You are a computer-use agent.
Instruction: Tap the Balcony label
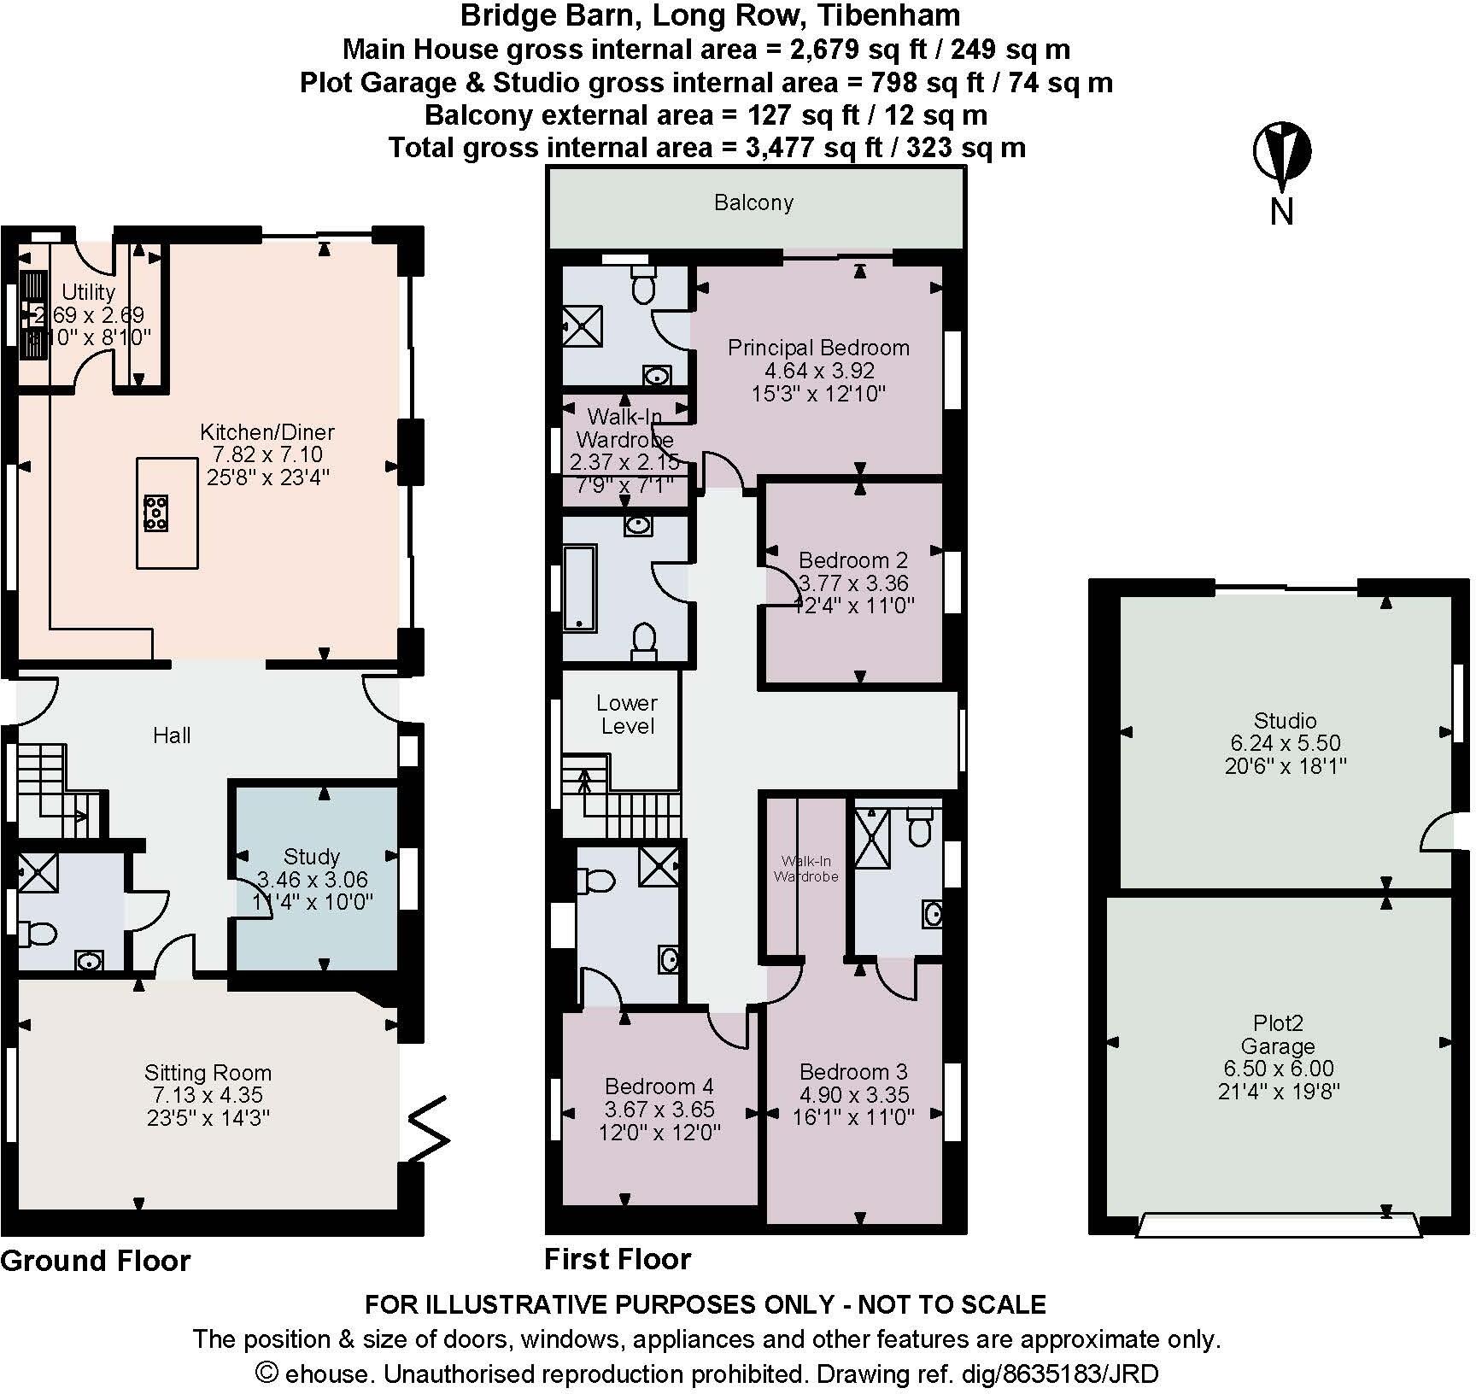point(753,202)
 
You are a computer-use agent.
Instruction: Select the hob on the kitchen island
point(155,512)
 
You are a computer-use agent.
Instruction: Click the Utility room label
point(88,292)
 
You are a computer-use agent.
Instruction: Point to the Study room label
point(312,856)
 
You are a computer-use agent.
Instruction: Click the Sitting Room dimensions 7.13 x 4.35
point(208,1095)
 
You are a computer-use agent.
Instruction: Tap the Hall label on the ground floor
point(172,735)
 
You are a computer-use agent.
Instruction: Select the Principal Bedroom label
point(818,348)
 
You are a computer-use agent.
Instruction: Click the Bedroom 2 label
point(852,560)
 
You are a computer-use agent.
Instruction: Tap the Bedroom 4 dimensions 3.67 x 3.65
point(659,1110)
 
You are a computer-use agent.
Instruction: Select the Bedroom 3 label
point(852,1071)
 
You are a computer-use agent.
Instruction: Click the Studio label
point(1285,720)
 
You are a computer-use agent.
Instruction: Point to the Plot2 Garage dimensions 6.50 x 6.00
point(1278,1069)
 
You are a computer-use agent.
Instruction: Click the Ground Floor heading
point(96,1261)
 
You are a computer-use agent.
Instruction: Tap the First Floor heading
point(618,1259)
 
